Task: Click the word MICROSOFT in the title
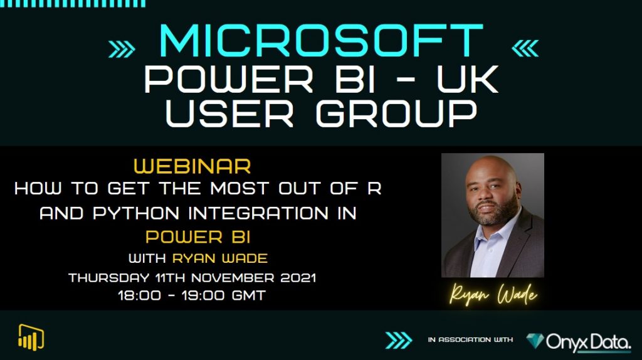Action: coord(322,42)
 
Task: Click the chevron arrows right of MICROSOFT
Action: coord(525,48)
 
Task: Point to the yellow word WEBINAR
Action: coord(192,166)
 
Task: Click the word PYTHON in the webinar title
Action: coord(131,213)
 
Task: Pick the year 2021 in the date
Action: coord(293,277)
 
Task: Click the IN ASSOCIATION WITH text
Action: coord(470,340)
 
